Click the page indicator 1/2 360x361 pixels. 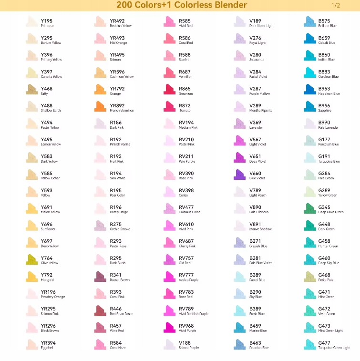coord(336,6)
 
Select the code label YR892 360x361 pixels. coord(117,105)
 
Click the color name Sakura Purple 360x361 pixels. coord(189,348)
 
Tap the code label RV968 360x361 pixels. coord(186,326)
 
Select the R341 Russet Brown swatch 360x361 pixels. coord(101,277)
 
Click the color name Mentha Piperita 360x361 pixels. coord(261,111)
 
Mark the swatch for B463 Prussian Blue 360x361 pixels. coord(240,344)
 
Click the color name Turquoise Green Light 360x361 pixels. coord(334,348)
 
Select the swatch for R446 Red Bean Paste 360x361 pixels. coord(101,310)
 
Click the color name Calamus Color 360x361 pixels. coord(189,212)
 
